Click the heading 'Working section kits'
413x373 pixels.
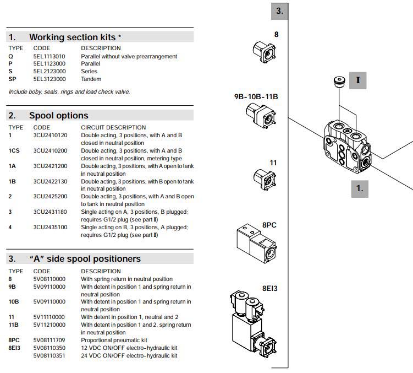[x=72, y=37]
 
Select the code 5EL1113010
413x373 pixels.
[x=49, y=56]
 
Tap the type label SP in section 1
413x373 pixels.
[x=12, y=79]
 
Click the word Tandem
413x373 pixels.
[x=91, y=79]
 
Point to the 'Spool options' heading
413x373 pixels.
[x=58, y=115]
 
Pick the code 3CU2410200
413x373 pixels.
[x=50, y=150]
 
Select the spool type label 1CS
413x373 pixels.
[x=14, y=150]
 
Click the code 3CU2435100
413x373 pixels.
[x=50, y=227]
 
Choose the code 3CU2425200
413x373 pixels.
[x=50, y=196]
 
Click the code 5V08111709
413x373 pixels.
[x=49, y=340]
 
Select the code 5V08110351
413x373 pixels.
[x=49, y=355]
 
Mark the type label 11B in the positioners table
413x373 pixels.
[x=13, y=325]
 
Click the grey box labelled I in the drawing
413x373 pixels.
[x=358, y=80]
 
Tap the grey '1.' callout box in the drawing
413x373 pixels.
[x=359, y=188]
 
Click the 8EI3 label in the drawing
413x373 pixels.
[x=269, y=288]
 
